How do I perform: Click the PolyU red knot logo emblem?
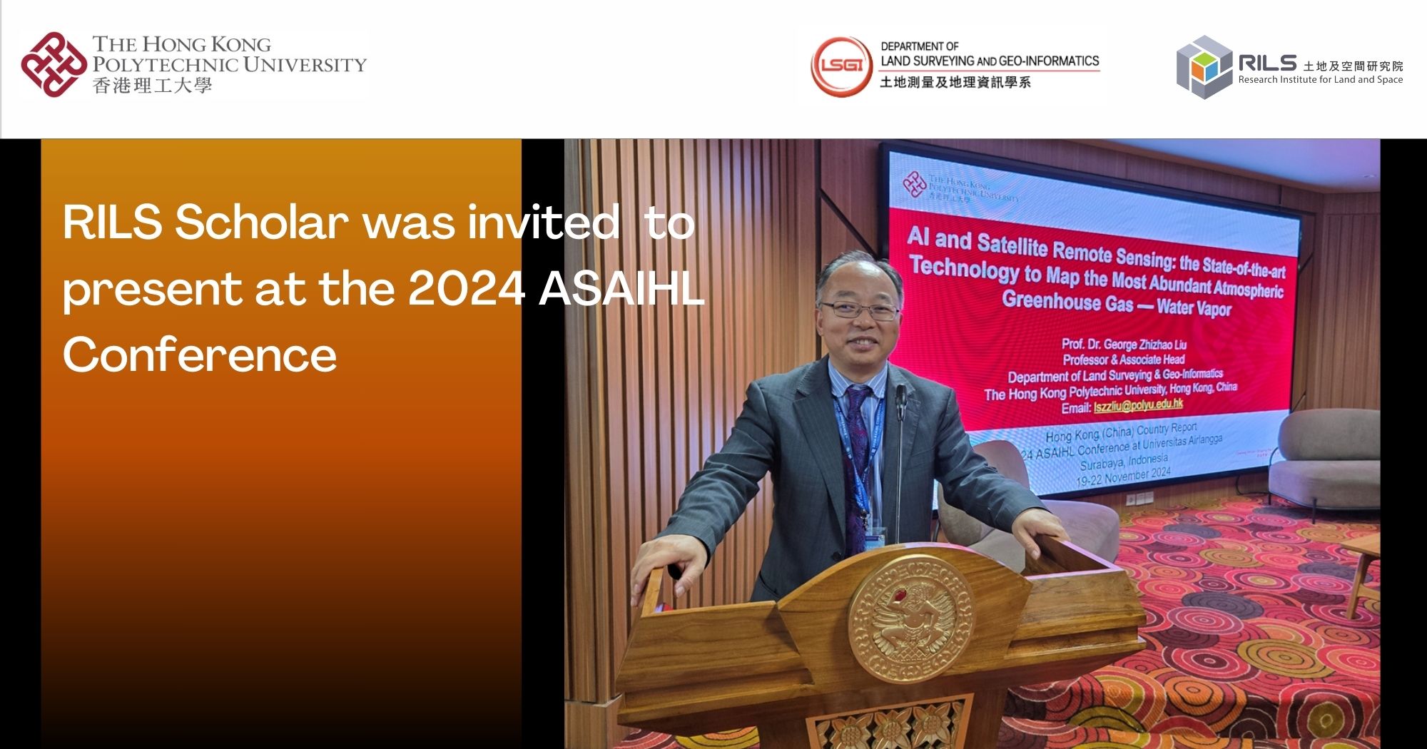click(x=54, y=64)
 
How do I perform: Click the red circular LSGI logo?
click(x=842, y=66)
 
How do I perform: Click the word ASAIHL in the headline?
click(x=621, y=289)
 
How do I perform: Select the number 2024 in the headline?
click(x=467, y=289)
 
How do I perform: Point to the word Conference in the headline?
click(x=200, y=355)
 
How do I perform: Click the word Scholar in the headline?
click(x=261, y=223)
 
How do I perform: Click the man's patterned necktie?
click(x=856, y=457)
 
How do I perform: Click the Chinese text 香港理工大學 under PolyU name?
click(x=152, y=86)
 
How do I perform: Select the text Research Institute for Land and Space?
click(x=1320, y=80)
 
